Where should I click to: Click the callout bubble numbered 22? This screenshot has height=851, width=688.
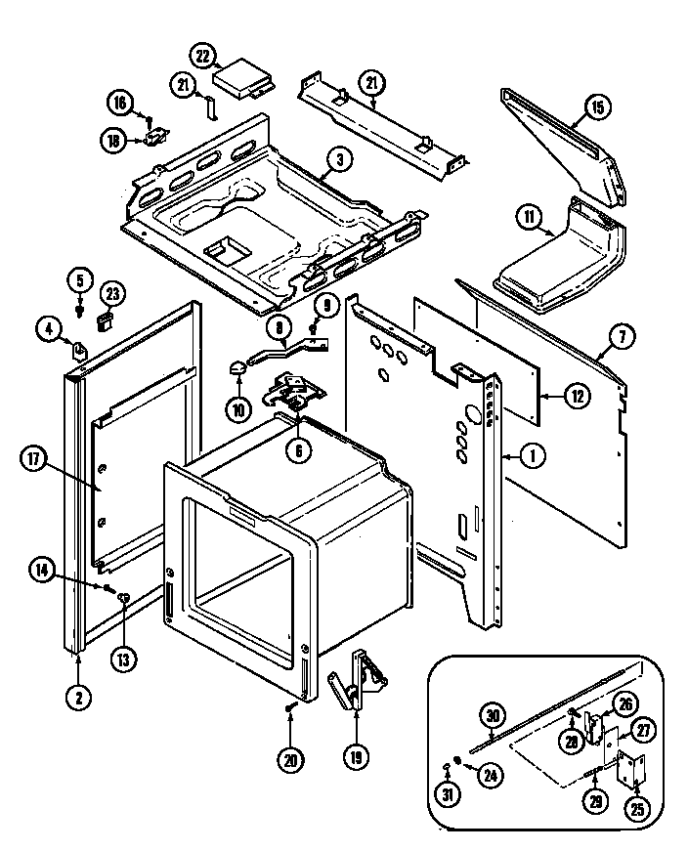pos(203,57)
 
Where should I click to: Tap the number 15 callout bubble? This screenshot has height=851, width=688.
pos(598,107)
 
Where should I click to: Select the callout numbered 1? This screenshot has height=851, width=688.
pos(533,452)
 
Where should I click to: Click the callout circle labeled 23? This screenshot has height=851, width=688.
pos(112,291)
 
